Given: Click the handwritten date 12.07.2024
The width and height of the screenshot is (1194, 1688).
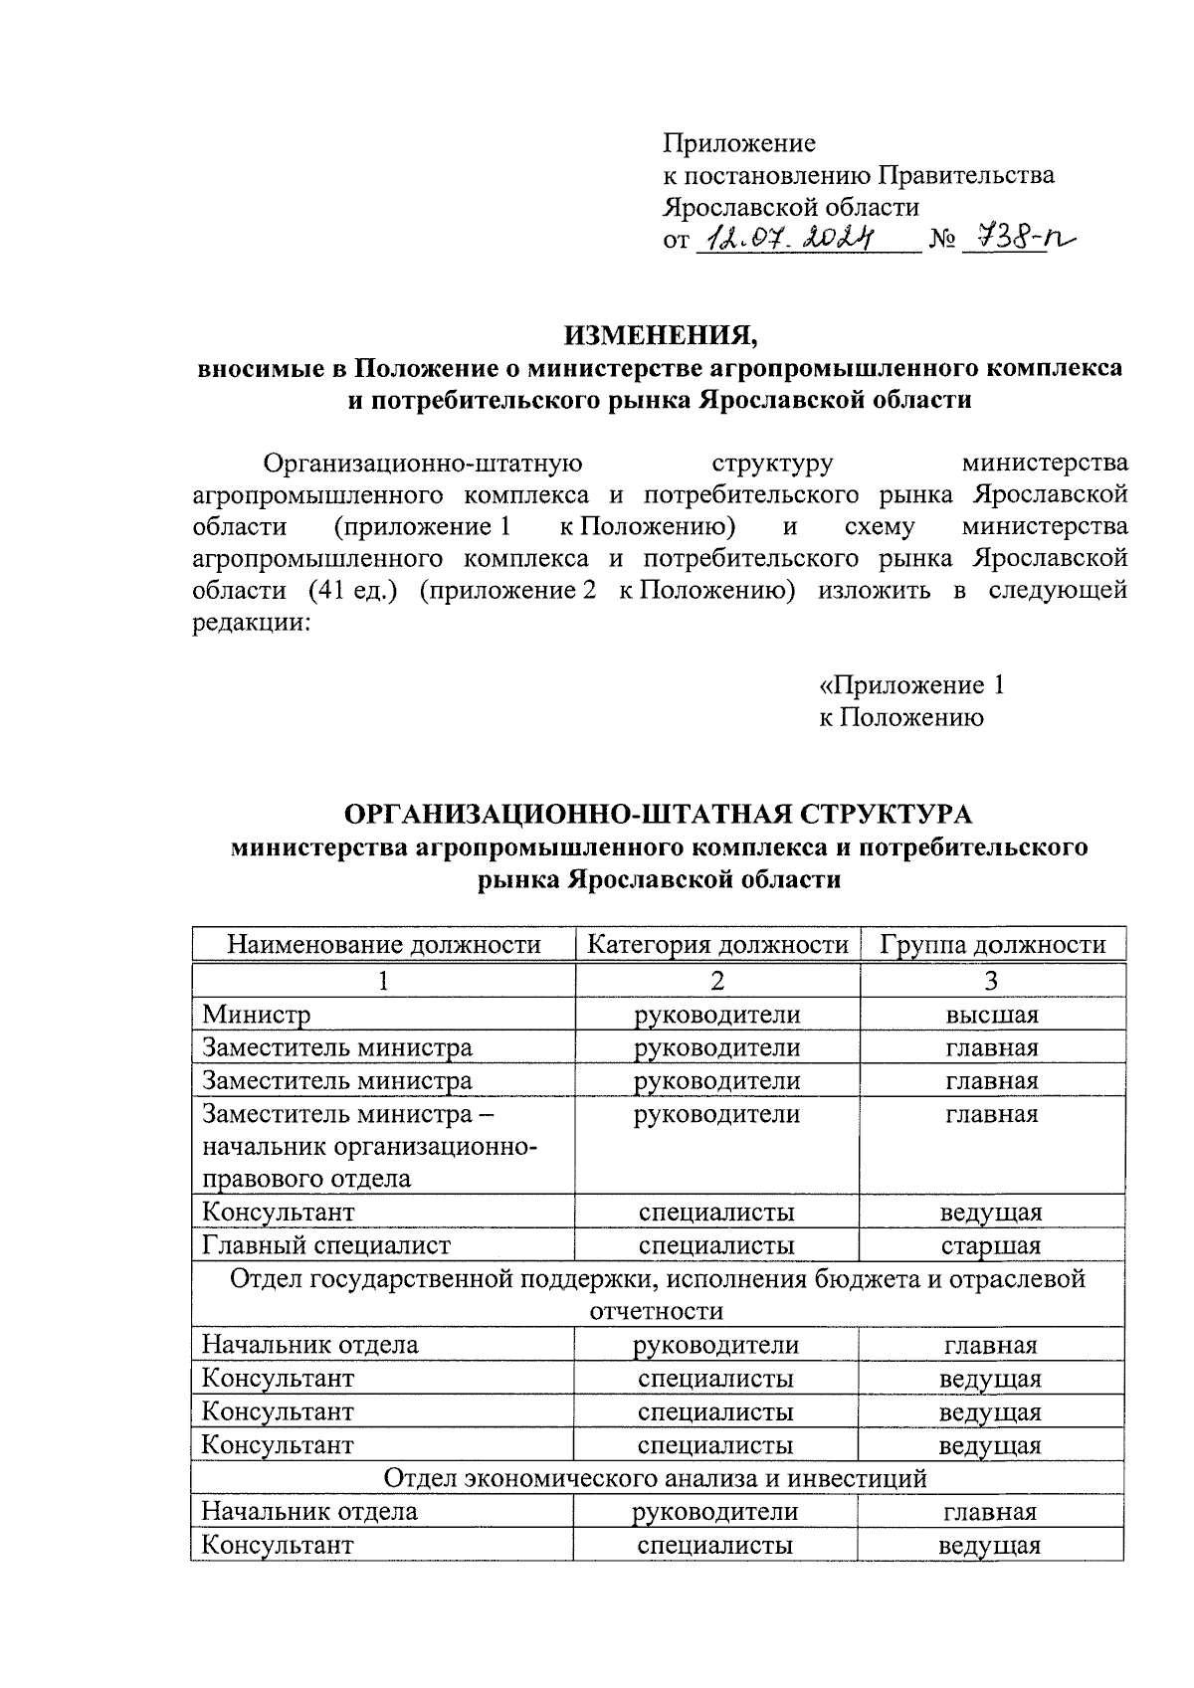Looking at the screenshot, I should click(x=787, y=238).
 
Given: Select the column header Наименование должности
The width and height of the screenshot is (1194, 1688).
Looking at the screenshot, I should click(x=383, y=944).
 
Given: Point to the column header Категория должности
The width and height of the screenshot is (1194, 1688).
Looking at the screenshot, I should click(x=717, y=944).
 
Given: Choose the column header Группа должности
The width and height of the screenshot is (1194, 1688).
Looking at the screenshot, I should click(x=992, y=944).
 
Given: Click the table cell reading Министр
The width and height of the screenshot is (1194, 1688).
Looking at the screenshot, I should click(x=257, y=1015).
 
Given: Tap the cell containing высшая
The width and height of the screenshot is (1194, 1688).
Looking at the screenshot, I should click(x=992, y=1015).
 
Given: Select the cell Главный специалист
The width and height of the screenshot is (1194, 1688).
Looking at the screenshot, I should click(x=326, y=1245).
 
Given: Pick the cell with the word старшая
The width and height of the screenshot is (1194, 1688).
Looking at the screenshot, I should click(x=991, y=1245).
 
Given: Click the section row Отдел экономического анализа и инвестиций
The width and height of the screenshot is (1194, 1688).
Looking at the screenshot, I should click(x=656, y=1478).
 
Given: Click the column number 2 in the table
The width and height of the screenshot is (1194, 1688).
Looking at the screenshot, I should click(x=717, y=981).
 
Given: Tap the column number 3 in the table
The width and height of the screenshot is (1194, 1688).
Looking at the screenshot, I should click(x=991, y=981).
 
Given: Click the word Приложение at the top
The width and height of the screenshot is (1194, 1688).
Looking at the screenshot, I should click(x=739, y=143).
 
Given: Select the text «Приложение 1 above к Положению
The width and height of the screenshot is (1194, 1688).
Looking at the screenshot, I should click(x=911, y=684).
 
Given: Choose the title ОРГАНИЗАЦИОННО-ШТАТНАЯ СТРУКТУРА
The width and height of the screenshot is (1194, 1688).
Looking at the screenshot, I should click(x=657, y=814).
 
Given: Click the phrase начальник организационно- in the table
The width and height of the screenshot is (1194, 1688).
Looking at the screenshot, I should click(x=370, y=1147).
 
